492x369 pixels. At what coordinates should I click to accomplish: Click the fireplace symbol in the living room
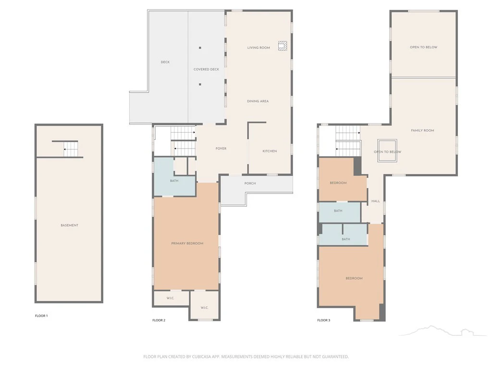point(283,46)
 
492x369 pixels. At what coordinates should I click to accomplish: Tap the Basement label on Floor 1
point(69,225)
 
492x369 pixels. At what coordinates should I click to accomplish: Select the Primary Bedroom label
point(187,244)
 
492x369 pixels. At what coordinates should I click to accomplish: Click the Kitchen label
point(270,151)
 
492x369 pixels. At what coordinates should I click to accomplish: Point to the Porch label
point(250,184)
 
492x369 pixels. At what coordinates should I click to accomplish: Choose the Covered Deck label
point(206,69)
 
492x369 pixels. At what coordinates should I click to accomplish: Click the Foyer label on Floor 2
point(221,149)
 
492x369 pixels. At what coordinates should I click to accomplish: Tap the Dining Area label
point(258,101)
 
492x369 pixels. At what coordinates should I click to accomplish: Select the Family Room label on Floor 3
point(422,131)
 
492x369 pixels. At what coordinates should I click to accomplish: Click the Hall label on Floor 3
point(376,201)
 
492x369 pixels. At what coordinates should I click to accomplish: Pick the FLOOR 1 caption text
point(41,316)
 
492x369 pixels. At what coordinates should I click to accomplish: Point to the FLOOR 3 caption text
point(323,320)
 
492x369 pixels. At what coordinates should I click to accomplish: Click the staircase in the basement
point(71,149)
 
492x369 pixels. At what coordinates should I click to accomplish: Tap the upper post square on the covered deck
point(200,48)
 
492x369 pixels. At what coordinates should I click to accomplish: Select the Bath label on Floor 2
point(174,181)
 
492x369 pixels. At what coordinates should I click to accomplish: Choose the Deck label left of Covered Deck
point(165,62)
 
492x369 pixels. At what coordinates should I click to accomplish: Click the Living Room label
point(258,48)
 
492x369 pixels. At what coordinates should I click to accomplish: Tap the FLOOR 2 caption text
point(159,320)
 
